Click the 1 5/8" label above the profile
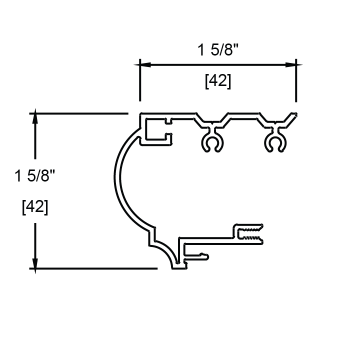[218, 51]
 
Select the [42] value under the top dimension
[218, 81]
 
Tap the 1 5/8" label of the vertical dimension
[35, 176]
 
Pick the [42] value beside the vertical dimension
[35, 206]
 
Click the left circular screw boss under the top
[212, 143]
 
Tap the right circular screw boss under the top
[274, 143]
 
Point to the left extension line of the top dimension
[139, 85]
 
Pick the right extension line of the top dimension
[296, 85]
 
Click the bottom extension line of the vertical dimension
[95, 268]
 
